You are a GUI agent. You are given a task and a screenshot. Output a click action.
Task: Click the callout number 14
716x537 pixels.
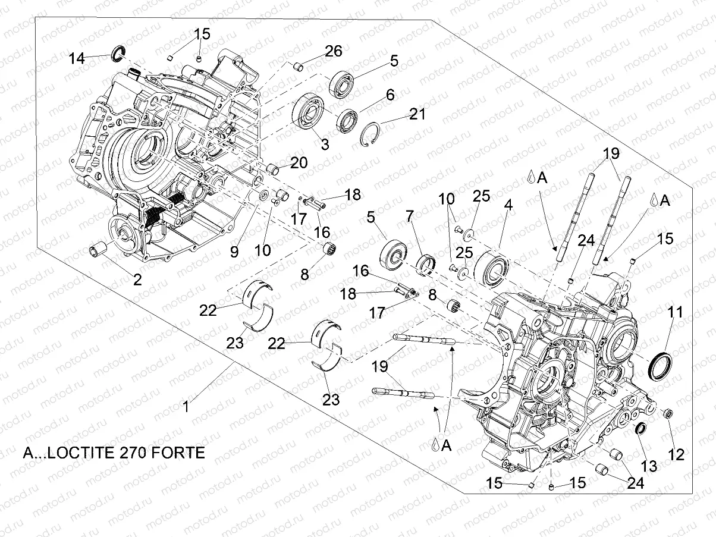tap(77, 58)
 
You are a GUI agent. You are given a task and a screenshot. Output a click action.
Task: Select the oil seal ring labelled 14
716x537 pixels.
tap(118, 54)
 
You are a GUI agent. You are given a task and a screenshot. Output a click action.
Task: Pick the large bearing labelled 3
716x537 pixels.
tap(308, 111)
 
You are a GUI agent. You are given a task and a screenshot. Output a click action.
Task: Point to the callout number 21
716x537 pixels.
tap(417, 113)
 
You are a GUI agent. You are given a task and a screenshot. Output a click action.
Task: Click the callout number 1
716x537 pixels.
tap(186, 407)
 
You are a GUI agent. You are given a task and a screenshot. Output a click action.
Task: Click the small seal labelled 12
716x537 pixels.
tap(667, 413)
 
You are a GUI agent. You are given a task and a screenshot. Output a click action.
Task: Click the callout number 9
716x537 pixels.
tap(234, 252)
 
